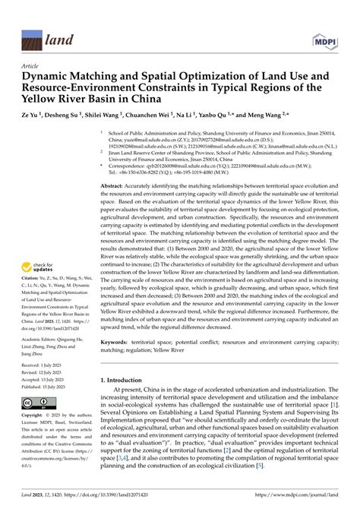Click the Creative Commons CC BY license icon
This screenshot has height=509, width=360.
[36, 402]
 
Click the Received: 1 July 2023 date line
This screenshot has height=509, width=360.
[46, 365]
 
